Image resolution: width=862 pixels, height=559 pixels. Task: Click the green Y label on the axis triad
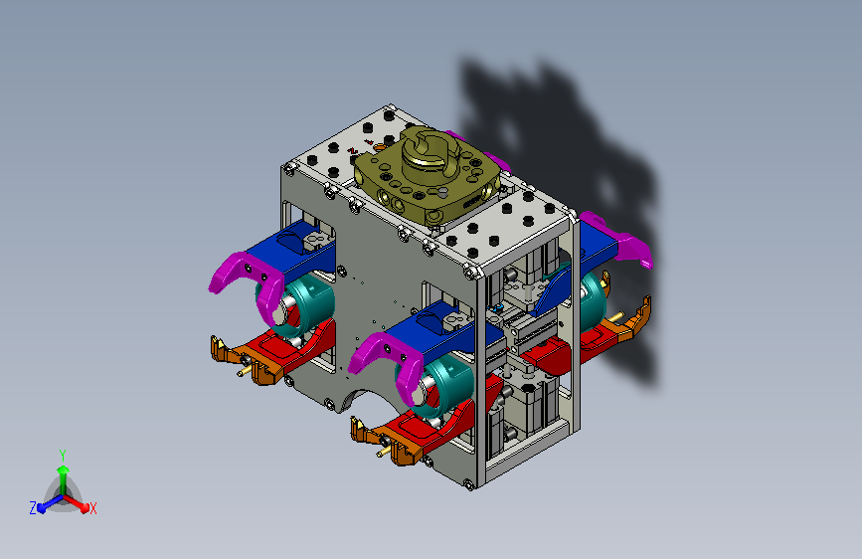tap(62, 455)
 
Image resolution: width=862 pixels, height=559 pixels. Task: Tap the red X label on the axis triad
tap(92, 508)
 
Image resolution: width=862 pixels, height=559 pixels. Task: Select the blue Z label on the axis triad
tap(33, 508)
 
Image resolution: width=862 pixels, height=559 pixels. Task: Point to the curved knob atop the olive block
tap(431, 149)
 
